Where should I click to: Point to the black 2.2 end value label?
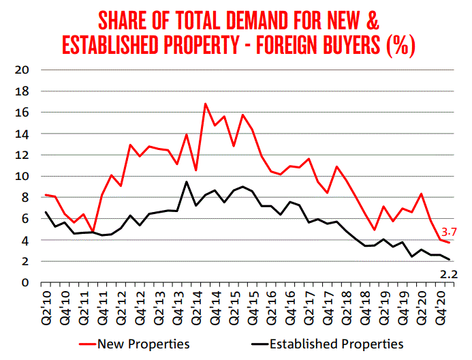pyautogui.click(x=447, y=274)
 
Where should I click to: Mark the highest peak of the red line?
pyautogui.click(x=205, y=104)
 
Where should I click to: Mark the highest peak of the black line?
pyautogui.click(x=187, y=181)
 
